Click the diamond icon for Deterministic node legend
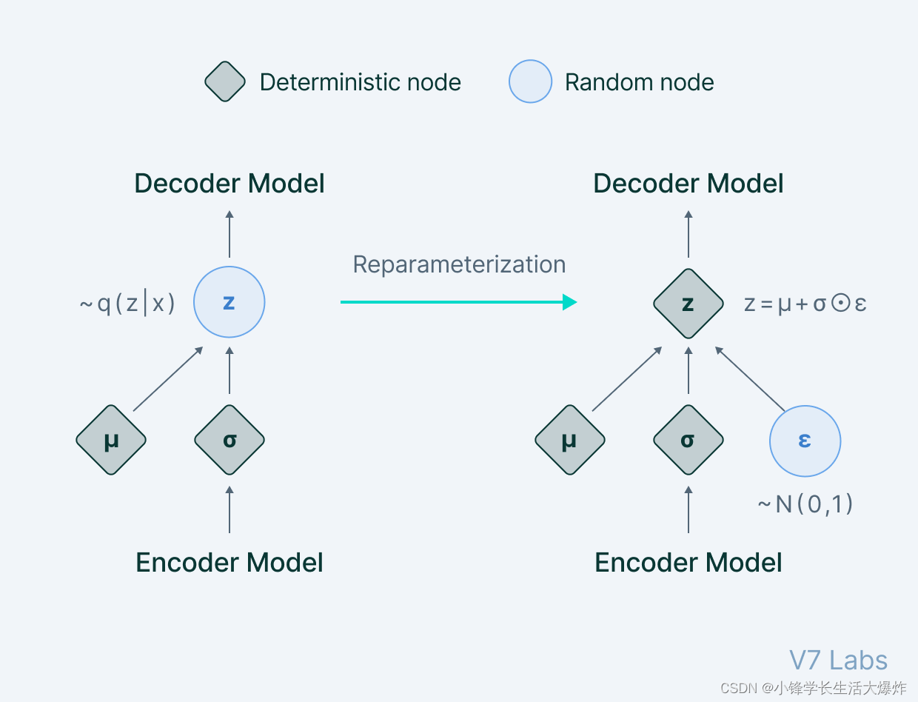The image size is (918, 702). point(225,81)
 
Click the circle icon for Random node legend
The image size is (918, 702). point(530,81)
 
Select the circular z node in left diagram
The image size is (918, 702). point(229,302)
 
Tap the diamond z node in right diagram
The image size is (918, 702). point(688,304)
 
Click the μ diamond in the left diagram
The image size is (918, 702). point(111,441)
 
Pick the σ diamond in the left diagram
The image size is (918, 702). point(229,441)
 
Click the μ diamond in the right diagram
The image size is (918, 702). point(570,441)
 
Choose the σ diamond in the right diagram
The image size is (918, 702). point(688,441)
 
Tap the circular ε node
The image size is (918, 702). point(805,441)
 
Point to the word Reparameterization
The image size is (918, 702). point(459,264)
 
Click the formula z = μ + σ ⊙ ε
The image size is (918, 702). point(805,304)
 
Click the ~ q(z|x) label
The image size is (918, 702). point(127,304)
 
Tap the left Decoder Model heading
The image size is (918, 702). point(229,184)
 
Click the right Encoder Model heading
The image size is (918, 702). point(688,563)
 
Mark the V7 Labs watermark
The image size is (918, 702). point(838,660)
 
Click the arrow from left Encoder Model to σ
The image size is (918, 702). point(229,509)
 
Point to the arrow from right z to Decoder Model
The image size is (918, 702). point(688,234)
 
